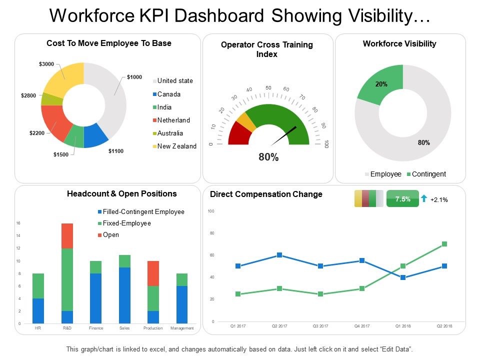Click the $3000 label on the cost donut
[x=46, y=64]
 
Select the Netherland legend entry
[x=173, y=120]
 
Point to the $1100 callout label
[x=116, y=150]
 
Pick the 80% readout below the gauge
[x=268, y=157]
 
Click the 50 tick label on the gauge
[x=268, y=88]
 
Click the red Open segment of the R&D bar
[x=66, y=235]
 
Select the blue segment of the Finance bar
[x=95, y=298]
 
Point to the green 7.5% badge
[x=402, y=199]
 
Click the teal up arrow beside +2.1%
[x=424, y=198]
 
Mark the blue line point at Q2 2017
[x=279, y=255]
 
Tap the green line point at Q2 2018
[x=444, y=244]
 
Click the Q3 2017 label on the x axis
[x=320, y=326]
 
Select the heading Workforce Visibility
[x=399, y=44]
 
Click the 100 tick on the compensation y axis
[x=210, y=211]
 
